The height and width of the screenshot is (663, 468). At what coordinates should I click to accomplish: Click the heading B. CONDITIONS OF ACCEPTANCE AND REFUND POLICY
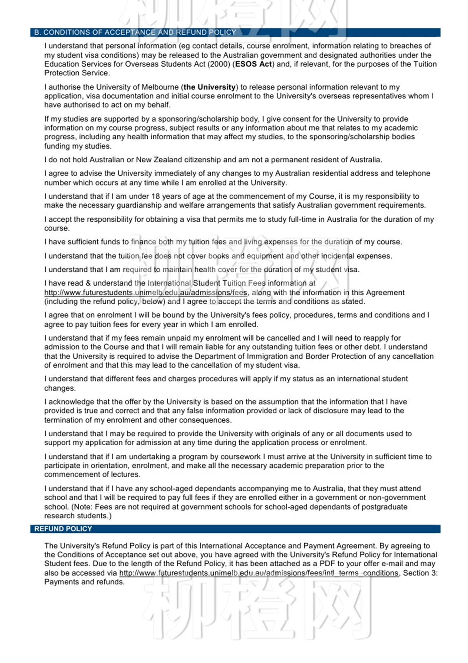(x=135, y=32)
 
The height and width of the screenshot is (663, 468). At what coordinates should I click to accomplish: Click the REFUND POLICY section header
(x=63, y=529)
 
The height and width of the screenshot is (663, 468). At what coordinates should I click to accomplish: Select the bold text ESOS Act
(x=253, y=64)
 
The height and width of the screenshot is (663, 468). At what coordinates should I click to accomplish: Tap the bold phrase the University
(x=210, y=87)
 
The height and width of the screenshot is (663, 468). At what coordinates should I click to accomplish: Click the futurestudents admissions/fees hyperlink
(x=146, y=293)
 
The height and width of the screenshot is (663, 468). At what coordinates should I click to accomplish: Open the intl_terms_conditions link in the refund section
(x=259, y=573)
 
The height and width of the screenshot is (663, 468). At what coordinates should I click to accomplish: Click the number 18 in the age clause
(x=156, y=196)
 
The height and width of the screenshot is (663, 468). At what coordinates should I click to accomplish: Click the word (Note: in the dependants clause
(x=82, y=507)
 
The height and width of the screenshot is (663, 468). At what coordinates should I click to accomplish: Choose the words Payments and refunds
(x=84, y=582)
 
